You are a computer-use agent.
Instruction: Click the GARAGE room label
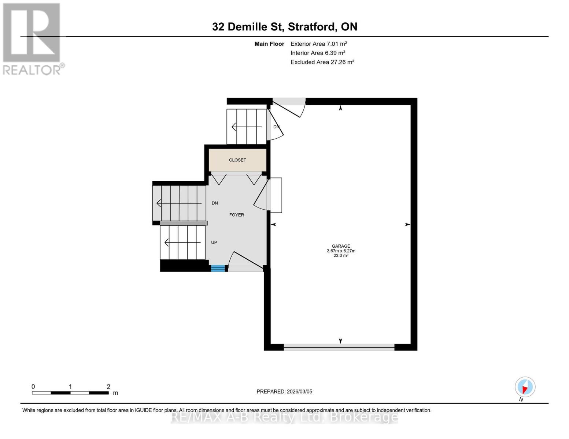click(341, 246)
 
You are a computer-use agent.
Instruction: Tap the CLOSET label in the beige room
click(237, 160)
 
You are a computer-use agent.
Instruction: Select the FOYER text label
click(236, 215)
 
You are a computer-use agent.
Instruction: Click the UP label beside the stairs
click(214, 243)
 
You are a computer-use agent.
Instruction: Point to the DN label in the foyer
click(215, 203)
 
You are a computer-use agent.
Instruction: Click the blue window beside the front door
click(218, 269)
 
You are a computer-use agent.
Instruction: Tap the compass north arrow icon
click(525, 387)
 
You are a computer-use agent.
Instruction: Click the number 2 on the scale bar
click(108, 387)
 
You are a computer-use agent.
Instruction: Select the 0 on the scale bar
click(33, 387)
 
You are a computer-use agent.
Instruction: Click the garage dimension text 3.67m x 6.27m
click(341, 251)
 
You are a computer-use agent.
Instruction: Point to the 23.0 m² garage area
click(341, 256)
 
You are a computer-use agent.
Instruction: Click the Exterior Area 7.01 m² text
click(318, 44)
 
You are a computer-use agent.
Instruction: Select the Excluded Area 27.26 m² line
click(322, 62)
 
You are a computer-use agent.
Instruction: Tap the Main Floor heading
click(269, 44)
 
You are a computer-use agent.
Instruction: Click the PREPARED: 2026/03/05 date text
click(284, 392)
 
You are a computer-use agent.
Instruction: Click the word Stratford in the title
click(311, 27)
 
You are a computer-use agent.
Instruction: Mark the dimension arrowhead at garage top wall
click(340, 108)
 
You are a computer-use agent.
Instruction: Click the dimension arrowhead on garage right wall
click(407, 225)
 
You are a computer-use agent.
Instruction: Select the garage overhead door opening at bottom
click(339, 347)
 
